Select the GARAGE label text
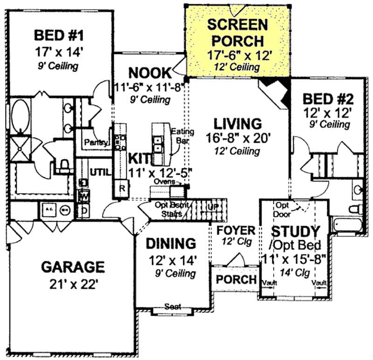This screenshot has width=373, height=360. click(72, 267)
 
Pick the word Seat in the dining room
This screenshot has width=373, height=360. click(173, 306)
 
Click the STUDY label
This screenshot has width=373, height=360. click(296, 231)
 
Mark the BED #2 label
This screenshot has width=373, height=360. click(328, 98)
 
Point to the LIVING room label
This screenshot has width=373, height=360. click(237, 124)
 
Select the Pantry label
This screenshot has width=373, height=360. click(96, 143)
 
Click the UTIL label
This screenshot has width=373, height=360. click(101, 172)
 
